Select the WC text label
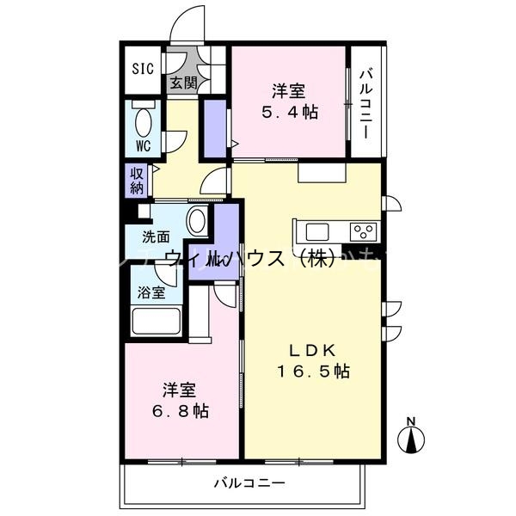point(143,145)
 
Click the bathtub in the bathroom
point(155,322)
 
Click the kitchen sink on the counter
point(316,231)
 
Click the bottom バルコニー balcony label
point(249,483)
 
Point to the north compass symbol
point(411,437)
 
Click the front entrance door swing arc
point(187,21)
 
